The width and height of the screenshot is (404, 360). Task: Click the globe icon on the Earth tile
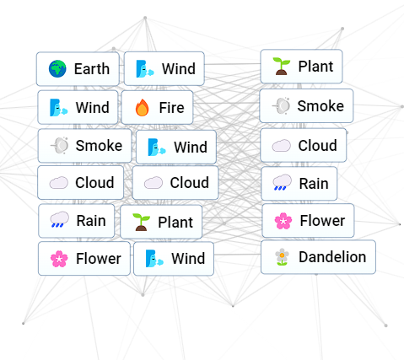point(57,68)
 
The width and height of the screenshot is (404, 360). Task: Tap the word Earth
point(92,69)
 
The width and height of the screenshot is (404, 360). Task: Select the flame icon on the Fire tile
point(142,107)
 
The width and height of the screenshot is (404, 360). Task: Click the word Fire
point(171,108)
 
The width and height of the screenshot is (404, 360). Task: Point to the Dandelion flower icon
point(282,257)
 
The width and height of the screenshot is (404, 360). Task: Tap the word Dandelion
point(332,257)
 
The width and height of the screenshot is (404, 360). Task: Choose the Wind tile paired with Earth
point(164,68)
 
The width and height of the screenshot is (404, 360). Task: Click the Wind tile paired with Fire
point(78,107)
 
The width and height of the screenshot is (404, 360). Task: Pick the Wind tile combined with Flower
point(174,259)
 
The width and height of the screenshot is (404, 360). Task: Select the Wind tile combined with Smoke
point(176,147)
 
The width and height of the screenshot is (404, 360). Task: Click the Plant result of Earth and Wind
point(301,67)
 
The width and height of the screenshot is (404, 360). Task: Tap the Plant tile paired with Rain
point(161,222)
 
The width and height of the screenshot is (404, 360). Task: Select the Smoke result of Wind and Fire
point(306,106)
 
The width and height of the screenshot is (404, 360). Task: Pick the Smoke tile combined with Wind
point(84,146)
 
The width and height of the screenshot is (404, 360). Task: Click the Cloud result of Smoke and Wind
point(304,145)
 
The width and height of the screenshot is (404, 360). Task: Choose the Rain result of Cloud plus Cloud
point(299,184)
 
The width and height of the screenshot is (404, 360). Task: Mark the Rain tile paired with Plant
point(77,221)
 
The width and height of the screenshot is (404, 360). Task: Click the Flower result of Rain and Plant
point(308,221)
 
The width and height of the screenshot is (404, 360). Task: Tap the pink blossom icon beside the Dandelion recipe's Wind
point(59,259)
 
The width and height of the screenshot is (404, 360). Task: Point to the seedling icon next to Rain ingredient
point(141,222)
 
